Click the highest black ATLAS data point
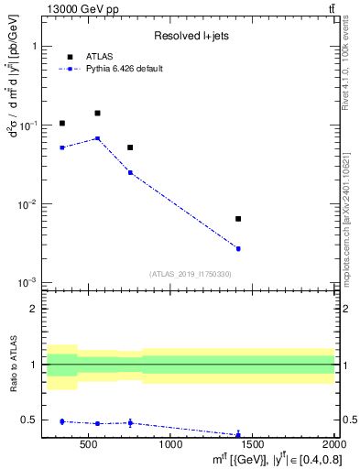(x=97, y=113)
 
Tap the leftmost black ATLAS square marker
(x=62, y=123)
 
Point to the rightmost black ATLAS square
(x=238, y=219)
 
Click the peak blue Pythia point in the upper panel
(x=97, y=138)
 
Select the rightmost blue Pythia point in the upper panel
(x=238, y=248)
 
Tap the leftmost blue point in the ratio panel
(x=62, y=421)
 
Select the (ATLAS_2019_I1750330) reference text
(x=190, y=274)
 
